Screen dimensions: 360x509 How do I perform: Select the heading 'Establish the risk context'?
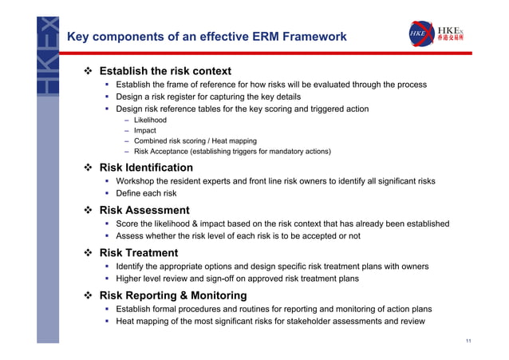165,71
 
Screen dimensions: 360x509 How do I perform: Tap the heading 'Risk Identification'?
146,168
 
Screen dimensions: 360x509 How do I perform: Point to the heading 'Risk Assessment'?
144,210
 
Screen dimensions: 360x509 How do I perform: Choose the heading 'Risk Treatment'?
139,253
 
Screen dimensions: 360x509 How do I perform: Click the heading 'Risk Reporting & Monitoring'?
173,295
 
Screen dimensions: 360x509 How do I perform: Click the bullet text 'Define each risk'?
146,193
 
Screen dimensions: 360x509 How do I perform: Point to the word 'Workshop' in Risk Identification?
137,181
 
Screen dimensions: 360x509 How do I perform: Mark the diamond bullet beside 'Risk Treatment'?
89,253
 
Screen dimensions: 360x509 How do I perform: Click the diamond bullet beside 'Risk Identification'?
89,168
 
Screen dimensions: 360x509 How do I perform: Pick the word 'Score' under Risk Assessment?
128,224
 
